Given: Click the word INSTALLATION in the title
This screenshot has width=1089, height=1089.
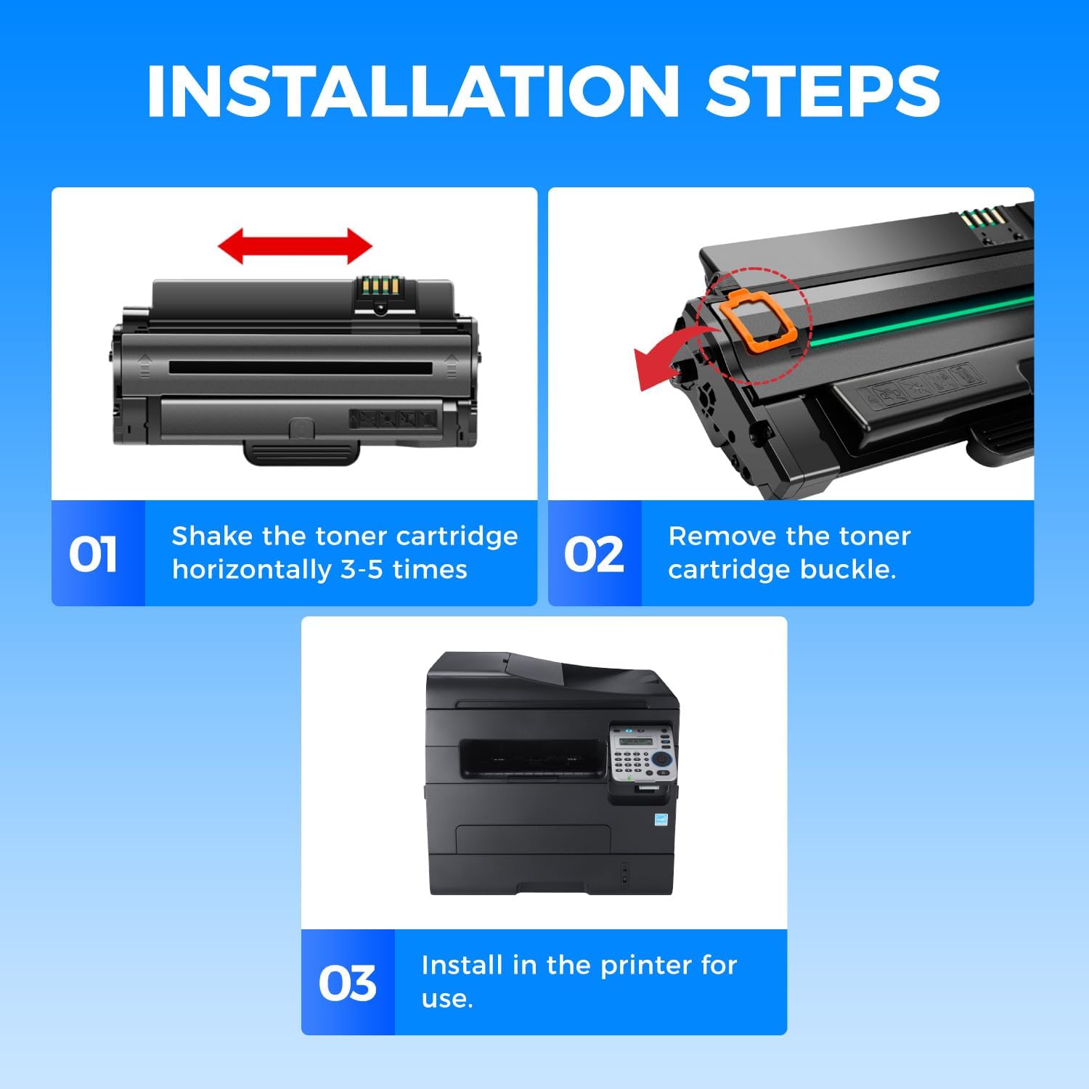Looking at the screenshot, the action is point(413,91).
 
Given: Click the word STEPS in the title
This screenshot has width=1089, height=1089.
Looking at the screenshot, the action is point(823,91).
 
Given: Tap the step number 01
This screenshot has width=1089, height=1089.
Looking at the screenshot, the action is point(93,555).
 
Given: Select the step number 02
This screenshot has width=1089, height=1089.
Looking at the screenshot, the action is point(594,555).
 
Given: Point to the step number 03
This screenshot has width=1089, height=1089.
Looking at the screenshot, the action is point(348,984).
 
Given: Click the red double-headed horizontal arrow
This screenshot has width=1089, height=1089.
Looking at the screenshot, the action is point(295,246).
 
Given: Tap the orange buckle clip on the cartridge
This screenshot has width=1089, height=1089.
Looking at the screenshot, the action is point(757,319).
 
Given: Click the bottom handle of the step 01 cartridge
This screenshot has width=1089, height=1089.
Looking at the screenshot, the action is point(302,451).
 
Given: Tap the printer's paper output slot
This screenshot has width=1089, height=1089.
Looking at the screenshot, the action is point(532,758).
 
